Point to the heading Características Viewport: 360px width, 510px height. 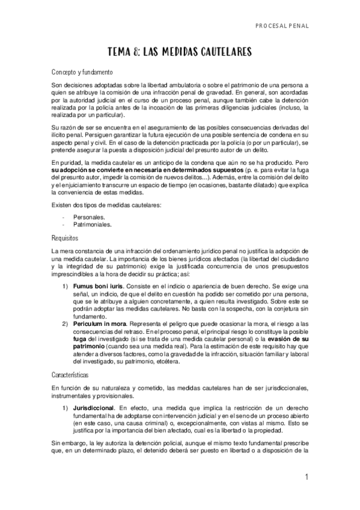tap(71, 374)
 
